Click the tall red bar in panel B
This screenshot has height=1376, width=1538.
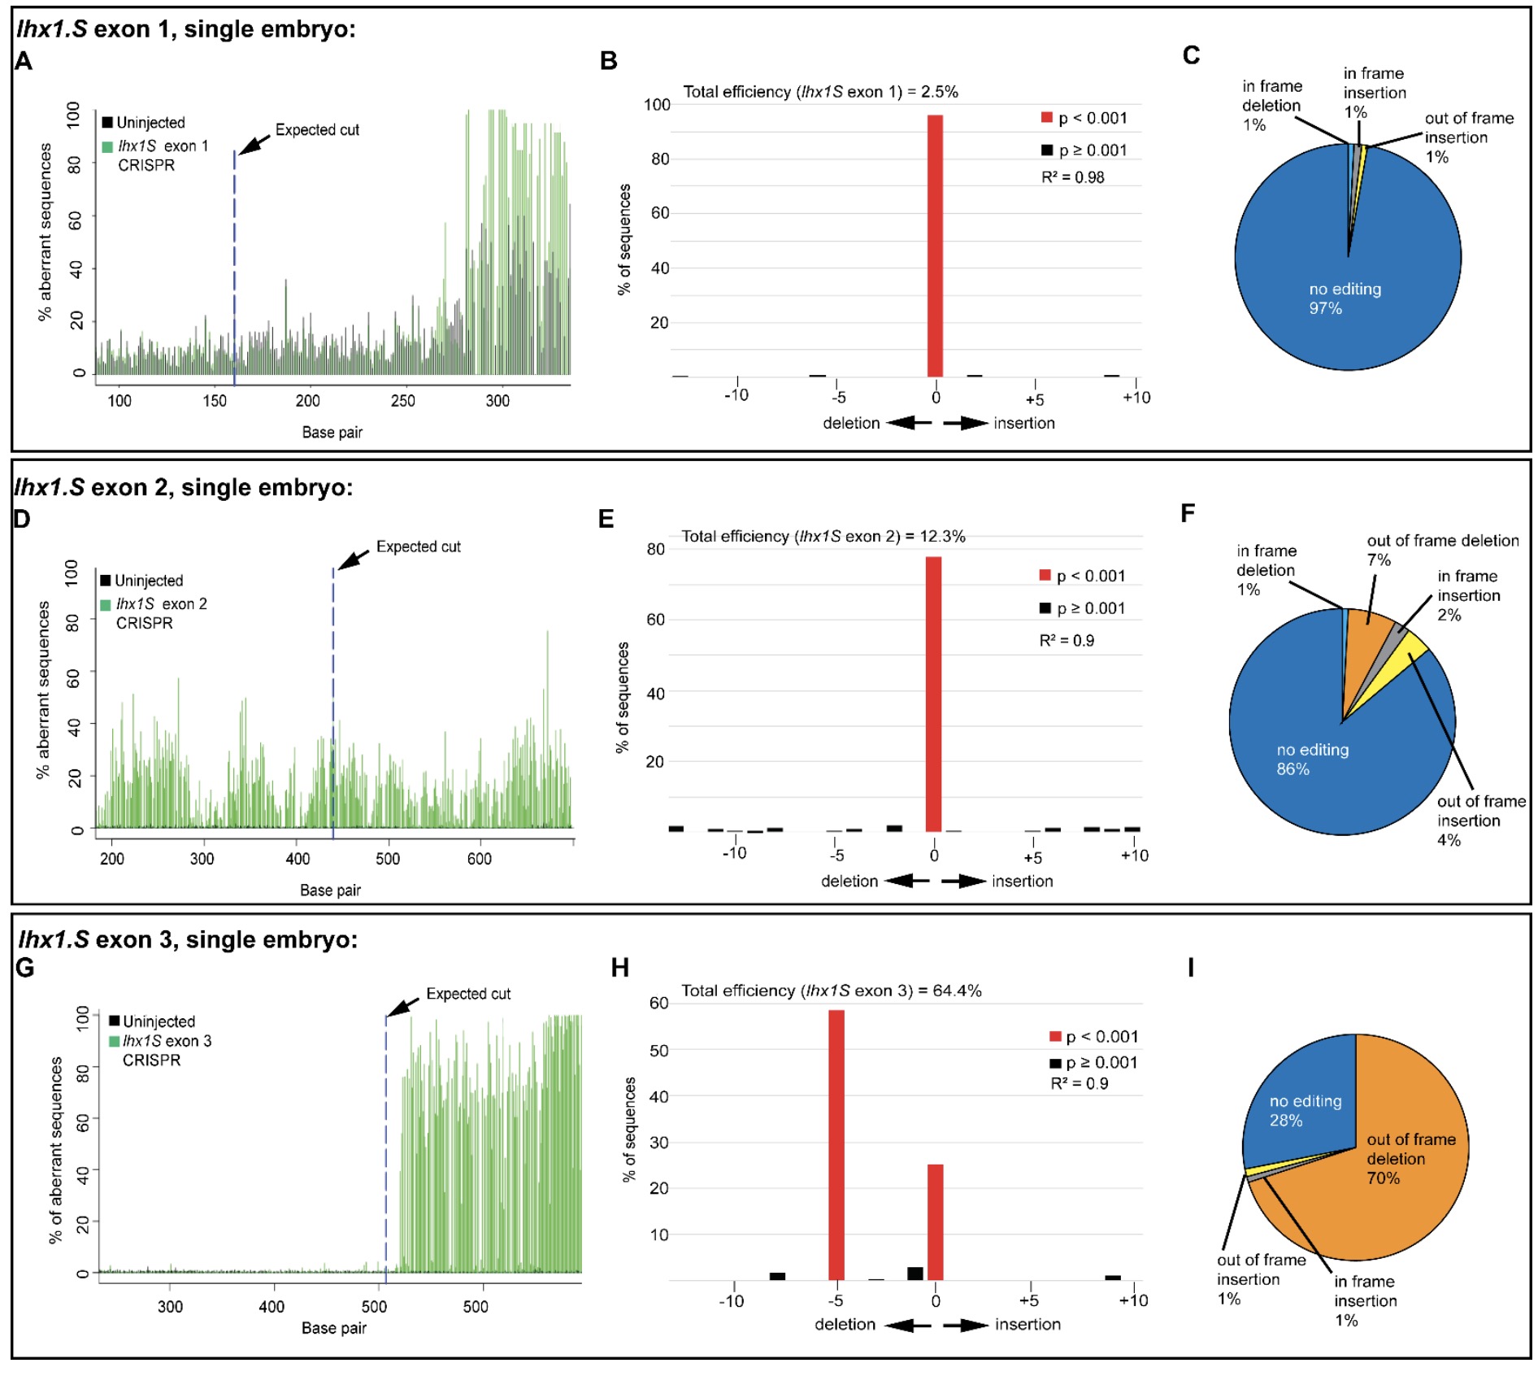[935, 246]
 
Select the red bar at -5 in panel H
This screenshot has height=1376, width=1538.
[836, 1145]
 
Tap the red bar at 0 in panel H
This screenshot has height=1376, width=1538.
[935, 1221]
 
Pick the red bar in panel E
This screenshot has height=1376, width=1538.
[933, 694]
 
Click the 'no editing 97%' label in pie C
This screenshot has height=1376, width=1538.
[1344, 298]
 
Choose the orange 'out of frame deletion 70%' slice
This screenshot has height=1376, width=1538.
[1410, 1158]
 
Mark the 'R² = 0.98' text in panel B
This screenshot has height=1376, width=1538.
[1072, 177]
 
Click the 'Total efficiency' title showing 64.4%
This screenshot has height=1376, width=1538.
[831, 991]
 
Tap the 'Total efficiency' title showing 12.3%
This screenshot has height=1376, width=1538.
[823, 536]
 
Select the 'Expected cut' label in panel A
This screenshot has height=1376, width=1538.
[316, 130]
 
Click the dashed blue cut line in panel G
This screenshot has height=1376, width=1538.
[385, 1139]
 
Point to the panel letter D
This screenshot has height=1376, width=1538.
[22, 519]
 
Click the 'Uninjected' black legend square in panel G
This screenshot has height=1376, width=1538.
[115, 1021]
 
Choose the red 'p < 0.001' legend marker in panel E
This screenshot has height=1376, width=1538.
[1045, 576]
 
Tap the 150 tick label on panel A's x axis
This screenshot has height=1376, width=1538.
[215, 400]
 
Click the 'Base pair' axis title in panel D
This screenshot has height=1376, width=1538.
[330, 890]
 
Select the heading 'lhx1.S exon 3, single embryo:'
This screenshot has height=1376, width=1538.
[188, 939]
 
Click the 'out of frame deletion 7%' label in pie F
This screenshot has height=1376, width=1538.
[1441, 550]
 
